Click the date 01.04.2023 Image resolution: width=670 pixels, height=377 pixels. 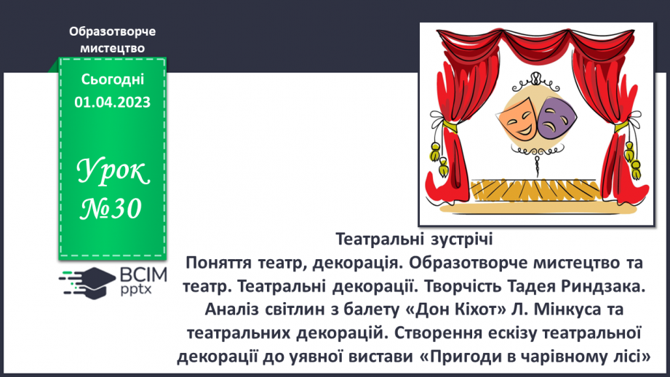tap(112, 103)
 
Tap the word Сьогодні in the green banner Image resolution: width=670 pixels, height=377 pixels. tap(112, 79)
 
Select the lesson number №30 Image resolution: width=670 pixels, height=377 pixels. tap(112, 209)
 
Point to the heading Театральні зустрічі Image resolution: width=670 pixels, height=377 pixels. tap(415, 239)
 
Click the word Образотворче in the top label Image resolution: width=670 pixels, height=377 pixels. tap(112, 31)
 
